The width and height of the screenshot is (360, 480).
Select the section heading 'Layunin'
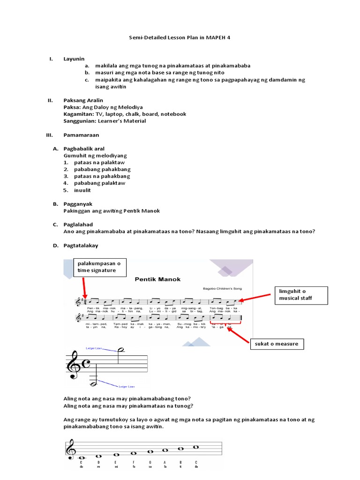click(x=74, y=59)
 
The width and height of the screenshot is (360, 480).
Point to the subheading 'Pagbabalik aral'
click(x=84, y=149)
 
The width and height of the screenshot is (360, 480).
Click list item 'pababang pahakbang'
click(x=102, y=169)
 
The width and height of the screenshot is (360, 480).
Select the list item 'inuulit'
click(x=84, y=190)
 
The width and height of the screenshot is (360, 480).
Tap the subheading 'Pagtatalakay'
click(x=81, y=246)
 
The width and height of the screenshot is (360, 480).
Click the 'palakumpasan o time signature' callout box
click(x=99, y=267)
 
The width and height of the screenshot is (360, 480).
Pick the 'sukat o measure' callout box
click(x=276, y=344)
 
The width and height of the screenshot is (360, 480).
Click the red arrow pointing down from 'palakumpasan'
click(x=84, y=287)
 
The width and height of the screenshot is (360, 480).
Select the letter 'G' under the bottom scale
click(x=150, y=462)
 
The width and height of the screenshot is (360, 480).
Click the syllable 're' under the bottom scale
click(x=98, y=467)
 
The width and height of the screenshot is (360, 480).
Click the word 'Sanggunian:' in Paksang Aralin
click(x=79, y=121)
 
